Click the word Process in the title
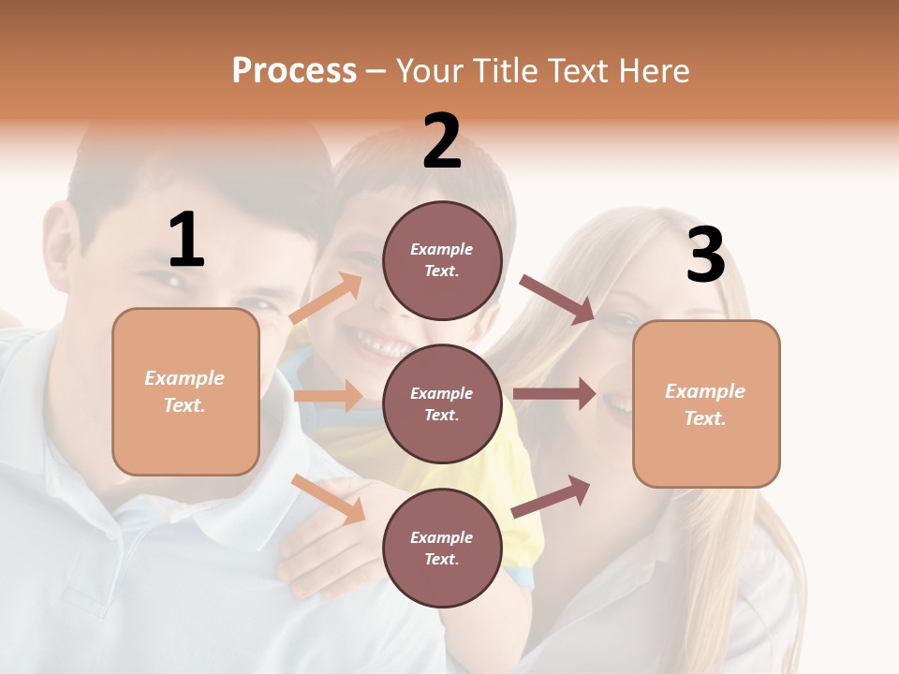coord(294,71)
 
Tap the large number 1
coord(186,240)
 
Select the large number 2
coord(442,141)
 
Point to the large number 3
coord(705,255)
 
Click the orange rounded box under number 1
coord(185,391)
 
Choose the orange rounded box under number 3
coord(706,404)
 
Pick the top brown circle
coord(442,260)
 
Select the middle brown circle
coord(442,403)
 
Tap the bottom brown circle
coord(442,548)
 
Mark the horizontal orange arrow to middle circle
coord(328,396)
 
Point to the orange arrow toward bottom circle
coord(329,499)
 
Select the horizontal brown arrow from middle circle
coord(554,394)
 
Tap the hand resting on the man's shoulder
coord(323,534)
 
